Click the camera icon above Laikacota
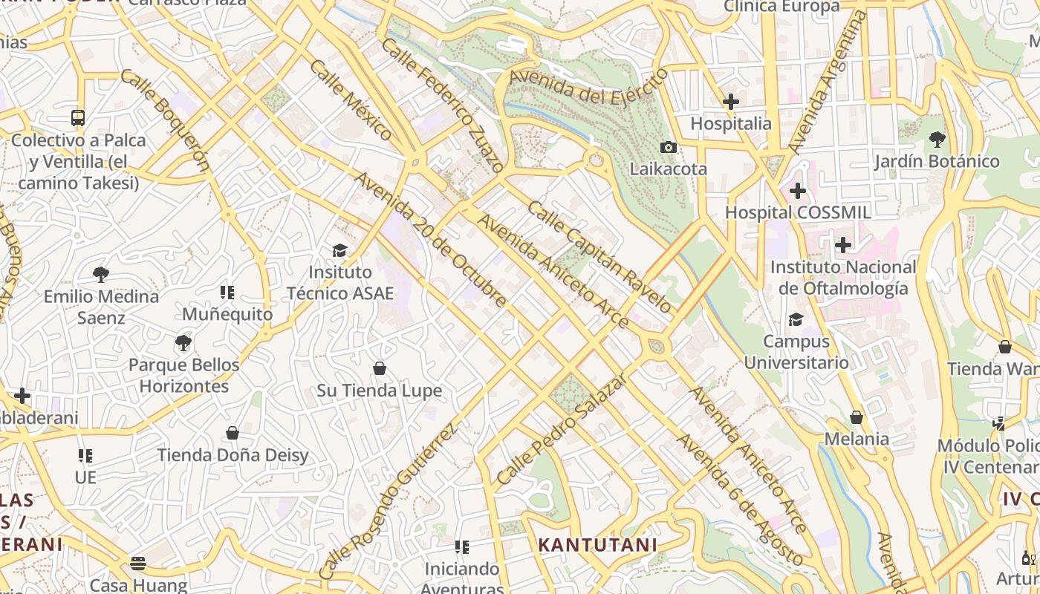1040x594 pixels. [x=669, y=147]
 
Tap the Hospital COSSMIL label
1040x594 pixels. [x=797, y=212]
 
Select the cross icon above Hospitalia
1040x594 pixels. [x=731, y=102]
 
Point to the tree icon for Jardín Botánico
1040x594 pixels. [x=937, y=139]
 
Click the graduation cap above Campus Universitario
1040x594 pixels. [x=796, y=319]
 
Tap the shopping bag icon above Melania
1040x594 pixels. [x=856, y=417]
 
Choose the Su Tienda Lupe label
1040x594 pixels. [x=379, y=391]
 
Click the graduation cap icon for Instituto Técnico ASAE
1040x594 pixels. [x=339, y=250]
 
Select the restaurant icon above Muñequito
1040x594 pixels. [x=227, y=293]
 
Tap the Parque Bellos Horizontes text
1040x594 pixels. [x=184, y=376]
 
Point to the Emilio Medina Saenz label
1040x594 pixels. [x=101, y=307]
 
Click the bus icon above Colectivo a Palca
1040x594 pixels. [x=78, y=117]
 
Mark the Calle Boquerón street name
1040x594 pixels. [x=165, y=120]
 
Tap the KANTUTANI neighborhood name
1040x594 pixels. [x=597, y=545]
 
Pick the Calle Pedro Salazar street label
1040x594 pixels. [x=562, y=430]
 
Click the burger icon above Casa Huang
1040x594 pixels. [x=138, y=563]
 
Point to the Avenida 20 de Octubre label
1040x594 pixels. [x=430, y=239]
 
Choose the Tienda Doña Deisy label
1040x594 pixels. [x=232, y=455]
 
